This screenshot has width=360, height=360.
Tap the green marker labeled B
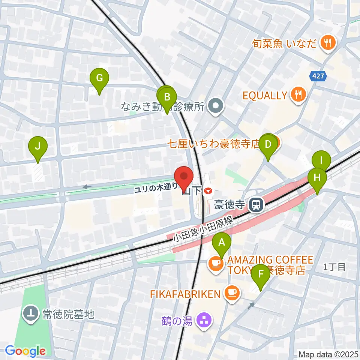[x=167, y=99]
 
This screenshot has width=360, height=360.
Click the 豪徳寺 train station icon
[x=256, y=205]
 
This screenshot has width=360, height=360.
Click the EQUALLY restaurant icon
[x=298, y=95]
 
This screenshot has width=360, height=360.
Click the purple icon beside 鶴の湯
[x=204, y=321]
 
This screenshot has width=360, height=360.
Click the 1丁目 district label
[x=334, y=267]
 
